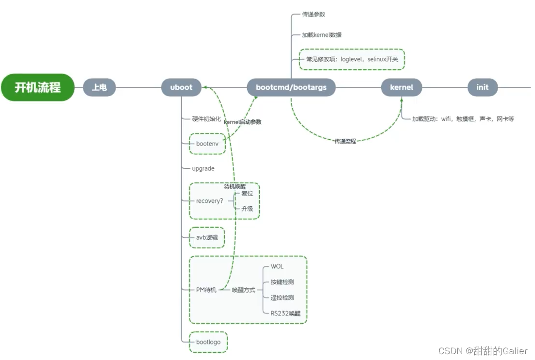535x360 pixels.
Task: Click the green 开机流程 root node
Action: point(38,87)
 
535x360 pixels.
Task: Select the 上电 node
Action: point(100,88)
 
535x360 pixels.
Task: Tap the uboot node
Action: point(181,88)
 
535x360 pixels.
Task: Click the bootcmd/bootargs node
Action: point(291,88)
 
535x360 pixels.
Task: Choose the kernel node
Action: point(401,88)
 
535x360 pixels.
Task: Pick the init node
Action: point(482,88)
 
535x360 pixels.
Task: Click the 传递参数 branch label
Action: point(313,15)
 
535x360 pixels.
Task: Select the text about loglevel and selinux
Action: point(351,60)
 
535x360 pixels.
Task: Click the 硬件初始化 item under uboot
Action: point(206,119)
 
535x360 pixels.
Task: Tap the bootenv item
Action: point(207,144)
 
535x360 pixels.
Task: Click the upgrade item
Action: point(203,168)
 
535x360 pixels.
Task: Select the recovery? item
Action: point(209,201)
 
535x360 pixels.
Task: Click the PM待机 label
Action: point(206,290)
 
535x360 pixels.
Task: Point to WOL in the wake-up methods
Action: point(277,266)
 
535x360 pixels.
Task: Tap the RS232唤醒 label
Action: point(285,313)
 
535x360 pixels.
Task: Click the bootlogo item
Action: point(208,342)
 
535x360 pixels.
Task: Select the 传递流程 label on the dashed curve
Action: point(345,141)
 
